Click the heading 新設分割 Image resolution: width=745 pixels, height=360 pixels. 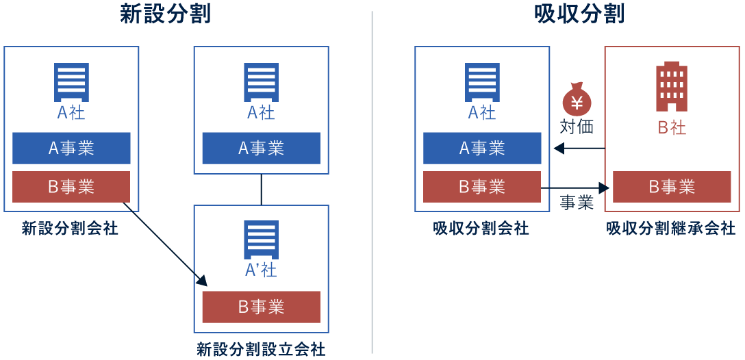[x=165, y=14]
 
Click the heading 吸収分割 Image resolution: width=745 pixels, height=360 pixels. [x=579, y=14]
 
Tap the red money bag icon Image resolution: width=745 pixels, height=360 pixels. [x=577, y=100]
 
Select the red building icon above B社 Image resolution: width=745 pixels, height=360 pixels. [x=671, y=87]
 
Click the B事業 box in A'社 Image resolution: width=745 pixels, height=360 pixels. [x=261, y=307]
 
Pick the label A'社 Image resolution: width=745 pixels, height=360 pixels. [x=261, y=270]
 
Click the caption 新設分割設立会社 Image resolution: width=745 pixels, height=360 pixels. [x=261, y=350]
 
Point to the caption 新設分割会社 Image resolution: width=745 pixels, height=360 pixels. [x=70, y=229]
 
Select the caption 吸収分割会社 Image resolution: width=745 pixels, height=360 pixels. [x=481, y=229]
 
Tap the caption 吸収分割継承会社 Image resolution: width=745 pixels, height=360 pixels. [x=671, y=229]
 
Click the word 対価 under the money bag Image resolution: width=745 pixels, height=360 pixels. [x=577, y=127]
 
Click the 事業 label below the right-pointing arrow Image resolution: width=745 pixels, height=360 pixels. [x=577, y=203]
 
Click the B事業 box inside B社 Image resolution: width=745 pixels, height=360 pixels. [x=672, y=187]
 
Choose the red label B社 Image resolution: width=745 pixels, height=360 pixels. [x=672, y=127]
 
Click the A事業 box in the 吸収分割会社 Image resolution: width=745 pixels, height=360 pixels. [x=482, y=149]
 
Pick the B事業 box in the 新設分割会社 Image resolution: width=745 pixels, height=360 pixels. [x=71, y=187]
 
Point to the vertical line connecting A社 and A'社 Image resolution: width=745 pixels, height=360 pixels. [x=261, y=190]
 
